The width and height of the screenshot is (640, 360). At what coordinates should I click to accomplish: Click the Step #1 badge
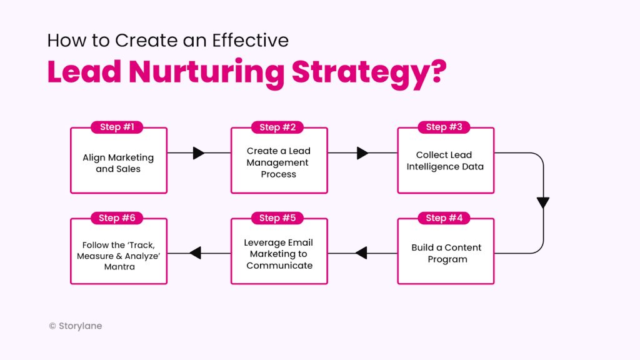tap(117, 127)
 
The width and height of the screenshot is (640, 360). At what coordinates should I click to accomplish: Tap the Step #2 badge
tap(277, 127)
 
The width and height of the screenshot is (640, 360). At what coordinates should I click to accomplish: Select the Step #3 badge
tap(444, 127)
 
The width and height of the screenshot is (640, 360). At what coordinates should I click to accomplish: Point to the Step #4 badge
tap(444, 218)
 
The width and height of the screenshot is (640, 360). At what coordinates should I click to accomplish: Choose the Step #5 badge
tap(277, 218)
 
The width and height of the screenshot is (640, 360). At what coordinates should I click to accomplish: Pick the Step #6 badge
tap(117, 218)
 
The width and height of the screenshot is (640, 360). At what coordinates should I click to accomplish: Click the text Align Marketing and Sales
tap(118, 163)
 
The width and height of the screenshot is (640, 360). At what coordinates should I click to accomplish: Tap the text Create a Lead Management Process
tap(278, 162)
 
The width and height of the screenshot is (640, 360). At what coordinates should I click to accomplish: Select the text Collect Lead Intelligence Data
tap(445, 161)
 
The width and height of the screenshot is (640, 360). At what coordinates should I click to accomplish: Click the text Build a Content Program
tap(446, 254)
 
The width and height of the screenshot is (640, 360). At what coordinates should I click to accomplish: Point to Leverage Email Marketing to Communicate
tap(279, 254)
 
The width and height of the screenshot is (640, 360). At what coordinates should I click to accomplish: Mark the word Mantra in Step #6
tap(119, 267)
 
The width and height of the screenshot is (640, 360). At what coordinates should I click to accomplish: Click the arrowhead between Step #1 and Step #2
tap(199, 153)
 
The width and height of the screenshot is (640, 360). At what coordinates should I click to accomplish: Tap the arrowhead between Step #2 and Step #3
tap(362, 153)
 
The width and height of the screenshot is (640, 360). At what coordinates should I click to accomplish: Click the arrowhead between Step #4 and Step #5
tap(361, 253)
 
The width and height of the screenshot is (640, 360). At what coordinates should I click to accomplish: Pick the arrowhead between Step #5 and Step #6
tap(196, 253)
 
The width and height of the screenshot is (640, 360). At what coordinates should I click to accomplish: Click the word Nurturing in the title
tap(206, 72)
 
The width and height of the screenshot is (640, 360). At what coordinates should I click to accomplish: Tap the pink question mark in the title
tap(439, 71)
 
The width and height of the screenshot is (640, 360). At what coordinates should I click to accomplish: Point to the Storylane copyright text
tap(76, 326)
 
